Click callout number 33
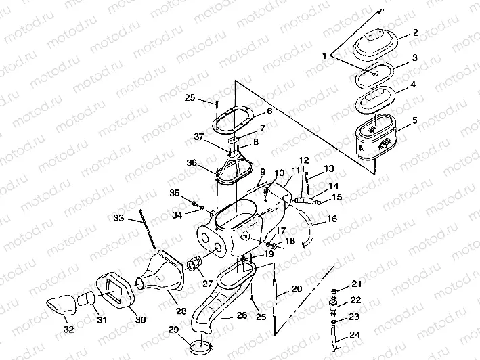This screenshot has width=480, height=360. coord(118,218)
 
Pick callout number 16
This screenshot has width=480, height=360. coord(332,219)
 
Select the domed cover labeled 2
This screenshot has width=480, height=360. coord(382,45)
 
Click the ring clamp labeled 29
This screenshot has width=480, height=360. coord(198,348)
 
